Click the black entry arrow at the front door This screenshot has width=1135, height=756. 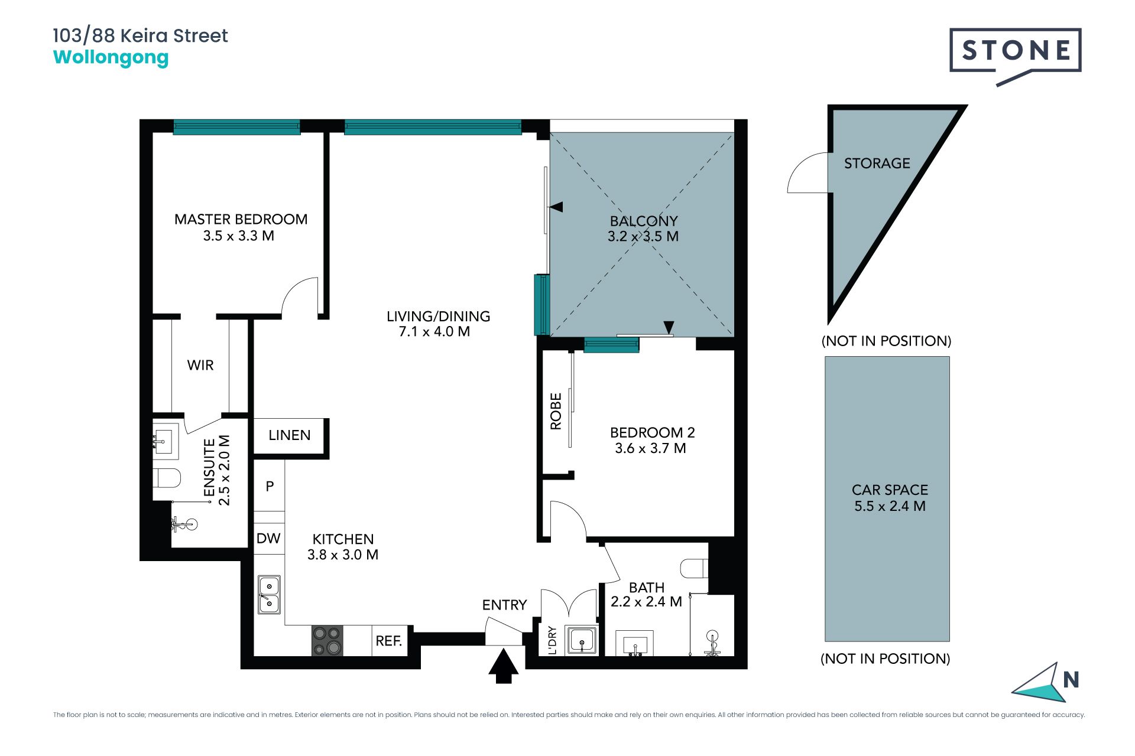[x=504, y=666]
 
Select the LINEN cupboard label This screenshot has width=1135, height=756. [x=289, y=435]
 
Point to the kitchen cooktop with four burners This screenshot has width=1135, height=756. [x=327, y=640]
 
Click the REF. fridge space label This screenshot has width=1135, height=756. [x=389, y=641]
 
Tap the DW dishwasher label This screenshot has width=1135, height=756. [x=268, y=538]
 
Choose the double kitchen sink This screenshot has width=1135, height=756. [x=269, y=595]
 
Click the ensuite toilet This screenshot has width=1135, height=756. [x=166, y=478]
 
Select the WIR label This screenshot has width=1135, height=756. [x=200, y=365]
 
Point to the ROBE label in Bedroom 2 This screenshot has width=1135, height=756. [x=556, y=411]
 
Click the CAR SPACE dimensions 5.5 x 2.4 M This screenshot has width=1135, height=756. [x=890, y=506]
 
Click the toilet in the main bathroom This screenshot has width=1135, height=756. [x=694, y=568]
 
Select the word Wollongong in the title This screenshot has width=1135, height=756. [x=111, y=58]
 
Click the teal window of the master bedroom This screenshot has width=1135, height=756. [x=236, y=127]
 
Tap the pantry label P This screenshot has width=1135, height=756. [x=270, y=486]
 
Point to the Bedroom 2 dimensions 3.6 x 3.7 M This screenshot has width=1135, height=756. [x=650, y=448]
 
